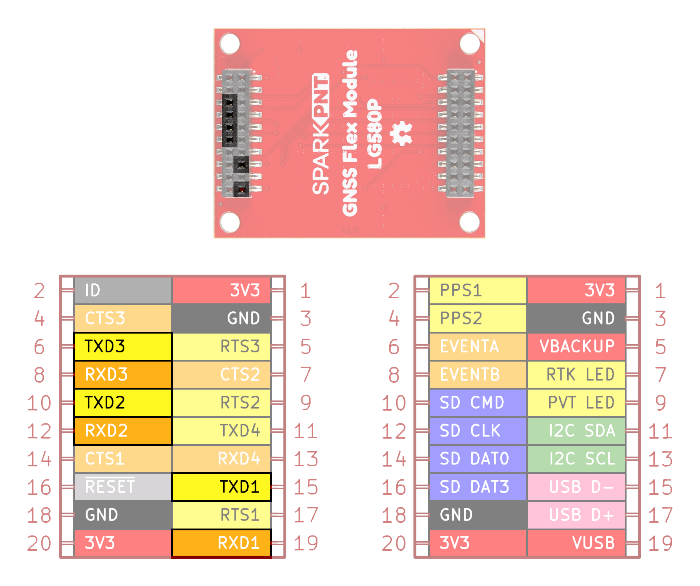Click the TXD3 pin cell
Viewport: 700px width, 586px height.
click(123, 346)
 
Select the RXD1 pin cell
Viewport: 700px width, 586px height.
click(221, 543)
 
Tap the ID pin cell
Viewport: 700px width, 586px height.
click(123, 290)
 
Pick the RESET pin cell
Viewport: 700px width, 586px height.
click(123, 487)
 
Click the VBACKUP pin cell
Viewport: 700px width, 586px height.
click(576, 346)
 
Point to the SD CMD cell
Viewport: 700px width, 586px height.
click(478, 403)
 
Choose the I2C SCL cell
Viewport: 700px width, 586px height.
click(576, 459)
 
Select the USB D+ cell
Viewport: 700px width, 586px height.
click(576, 515)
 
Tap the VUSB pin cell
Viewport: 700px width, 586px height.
click(576, 543)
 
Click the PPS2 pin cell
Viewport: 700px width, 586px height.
click(478, 318)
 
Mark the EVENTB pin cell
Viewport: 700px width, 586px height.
click(478, 375)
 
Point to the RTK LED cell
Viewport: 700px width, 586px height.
click(576, 375)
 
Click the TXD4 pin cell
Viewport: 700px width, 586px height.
click(221, 431)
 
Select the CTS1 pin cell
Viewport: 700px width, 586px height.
click(123, 459)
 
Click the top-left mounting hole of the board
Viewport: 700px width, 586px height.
click(230, 44)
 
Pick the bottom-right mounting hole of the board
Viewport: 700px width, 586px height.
click(469, 222)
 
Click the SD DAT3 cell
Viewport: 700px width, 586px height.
click(478, 487)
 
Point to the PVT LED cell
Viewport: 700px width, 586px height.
click(576, 403)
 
